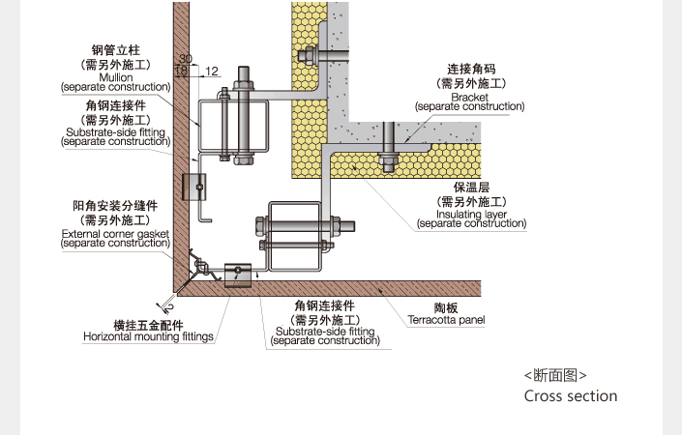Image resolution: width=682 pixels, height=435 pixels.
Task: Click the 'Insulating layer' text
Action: coord(471,214)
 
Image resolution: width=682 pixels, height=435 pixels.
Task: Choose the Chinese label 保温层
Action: coord(472,188)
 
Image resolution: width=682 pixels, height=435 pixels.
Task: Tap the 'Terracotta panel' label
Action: coord(446,320)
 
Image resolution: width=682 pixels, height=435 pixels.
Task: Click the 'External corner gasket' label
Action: coord(115,233)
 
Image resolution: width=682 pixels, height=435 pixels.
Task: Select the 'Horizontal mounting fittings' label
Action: coord(148,337)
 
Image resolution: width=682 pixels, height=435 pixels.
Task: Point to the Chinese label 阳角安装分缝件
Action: coord(115,206)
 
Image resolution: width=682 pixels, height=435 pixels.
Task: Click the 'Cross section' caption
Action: coord(570,395)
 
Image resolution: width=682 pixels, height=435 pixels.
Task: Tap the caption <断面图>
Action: coord(554,375)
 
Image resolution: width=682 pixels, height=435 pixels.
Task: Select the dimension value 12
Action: coord(213,71)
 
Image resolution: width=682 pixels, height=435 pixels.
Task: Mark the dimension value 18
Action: coord(181,71)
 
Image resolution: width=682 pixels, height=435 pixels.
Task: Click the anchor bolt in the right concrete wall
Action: coord(388,145)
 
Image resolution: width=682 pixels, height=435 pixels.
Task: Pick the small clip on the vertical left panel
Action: coord(195,184)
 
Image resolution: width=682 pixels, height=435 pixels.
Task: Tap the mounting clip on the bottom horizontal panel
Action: coord(238,276)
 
